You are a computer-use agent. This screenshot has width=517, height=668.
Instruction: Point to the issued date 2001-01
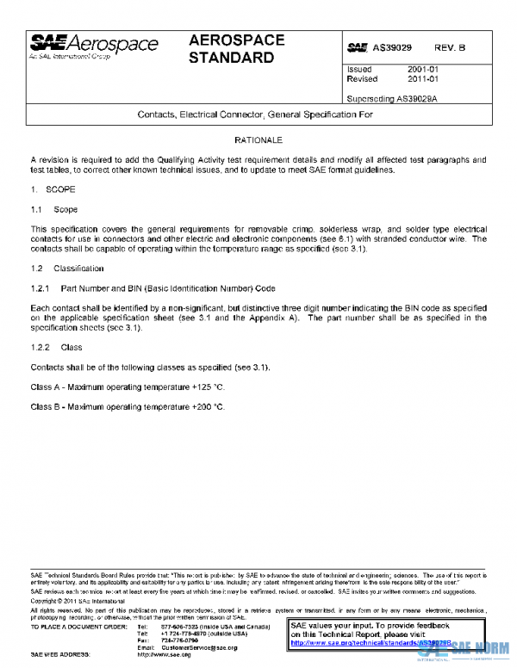[424, 69]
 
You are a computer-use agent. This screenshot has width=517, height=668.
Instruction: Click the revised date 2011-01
[424, 78]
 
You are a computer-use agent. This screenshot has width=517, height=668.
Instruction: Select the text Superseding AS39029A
[392, 98]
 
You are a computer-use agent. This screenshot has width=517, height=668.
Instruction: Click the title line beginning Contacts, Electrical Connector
[256, 114]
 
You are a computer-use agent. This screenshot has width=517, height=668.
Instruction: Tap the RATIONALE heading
[258, 139]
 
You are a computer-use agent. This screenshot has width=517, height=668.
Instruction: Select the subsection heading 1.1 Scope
[53, 209]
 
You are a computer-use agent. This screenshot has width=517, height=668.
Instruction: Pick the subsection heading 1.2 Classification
[67, 269]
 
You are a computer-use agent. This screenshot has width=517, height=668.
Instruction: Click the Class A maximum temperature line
[127, 387]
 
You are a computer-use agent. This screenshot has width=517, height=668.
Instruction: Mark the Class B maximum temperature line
[127, 405]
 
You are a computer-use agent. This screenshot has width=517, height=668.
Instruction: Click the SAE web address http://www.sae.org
[170, 655]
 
